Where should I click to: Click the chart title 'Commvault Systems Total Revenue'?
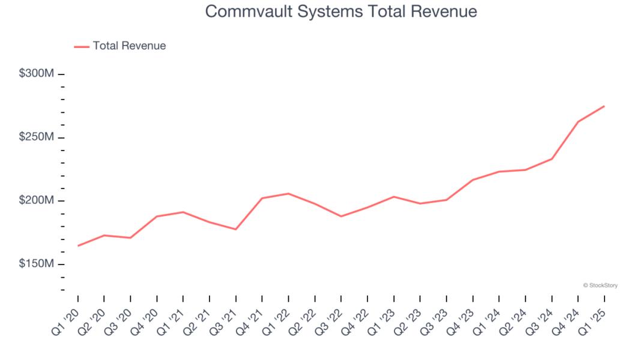coord(341,11)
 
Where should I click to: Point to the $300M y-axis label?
coord(37,73)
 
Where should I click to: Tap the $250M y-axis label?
coord(37,137)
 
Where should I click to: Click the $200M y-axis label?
coord(37,200)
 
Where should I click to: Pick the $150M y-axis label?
coord(37,264)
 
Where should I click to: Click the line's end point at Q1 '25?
coord(604,106)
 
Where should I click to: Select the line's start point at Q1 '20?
coord(78,245)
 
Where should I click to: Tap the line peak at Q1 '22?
coord(289,193)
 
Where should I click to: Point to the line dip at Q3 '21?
coord(236,229)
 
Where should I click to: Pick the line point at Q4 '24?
coord(578,122)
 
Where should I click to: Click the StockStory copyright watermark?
coord(600,286)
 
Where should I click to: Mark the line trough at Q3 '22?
coord(341,216)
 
